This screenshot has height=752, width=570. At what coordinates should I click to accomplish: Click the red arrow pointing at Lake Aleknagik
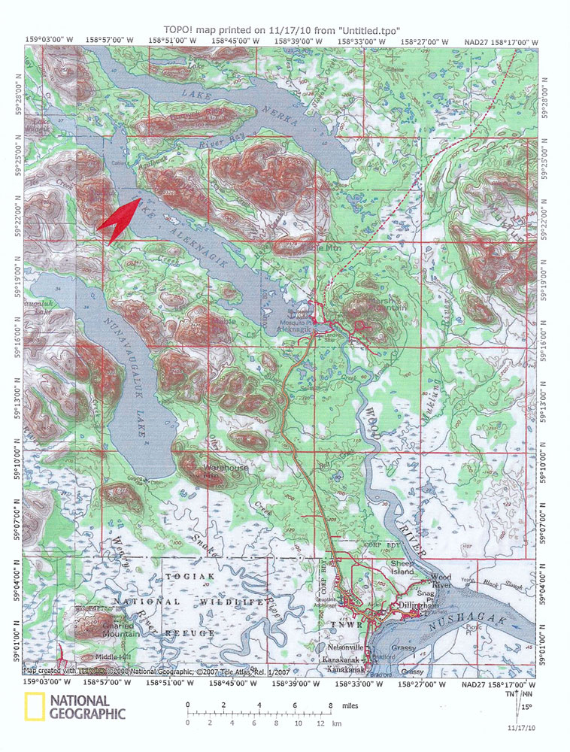coord(118,219)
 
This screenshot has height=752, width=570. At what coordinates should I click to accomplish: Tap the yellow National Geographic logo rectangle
coord(32,709)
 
